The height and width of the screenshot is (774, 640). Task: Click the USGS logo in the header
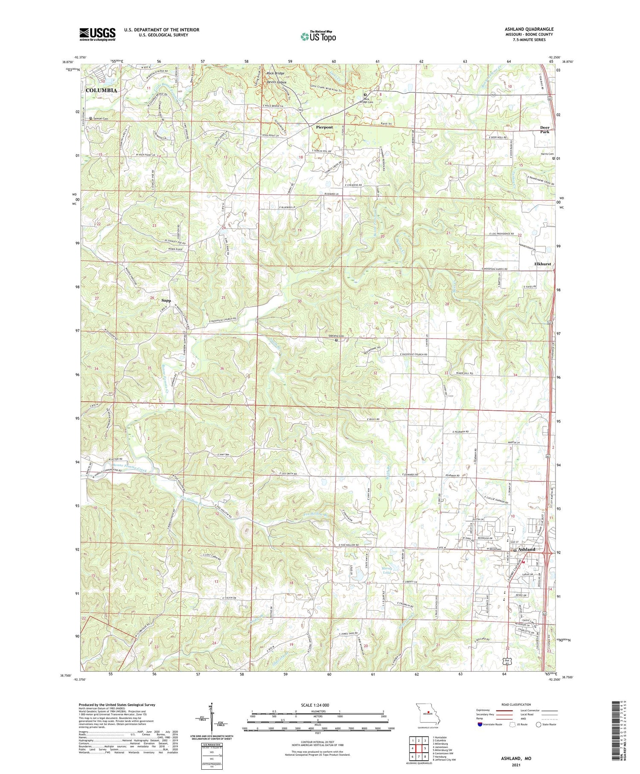pyautogui.click(x=97, y=34)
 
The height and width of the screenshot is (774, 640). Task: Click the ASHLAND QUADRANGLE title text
pyautogui.click(x=529, y=29)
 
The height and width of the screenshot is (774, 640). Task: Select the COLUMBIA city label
pyautogui.click(x=101, y=91)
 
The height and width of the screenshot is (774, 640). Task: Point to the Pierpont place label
pyautogui.click(x=324, y=127)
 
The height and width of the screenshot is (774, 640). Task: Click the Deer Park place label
pyautogui.click(x=545, y=130)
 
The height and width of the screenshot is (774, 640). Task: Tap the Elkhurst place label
pyautogui.click(x=542, y=264)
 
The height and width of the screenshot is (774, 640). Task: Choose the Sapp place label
pyautogui.click(x=166, y=301)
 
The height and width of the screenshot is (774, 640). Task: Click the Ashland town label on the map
pyautogui.click(x=527, y=549)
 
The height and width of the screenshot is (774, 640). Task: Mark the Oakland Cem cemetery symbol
pyautogui.click(x=336, y=340)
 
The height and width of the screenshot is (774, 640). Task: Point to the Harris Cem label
pyautogui.click(x=547, y=154)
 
